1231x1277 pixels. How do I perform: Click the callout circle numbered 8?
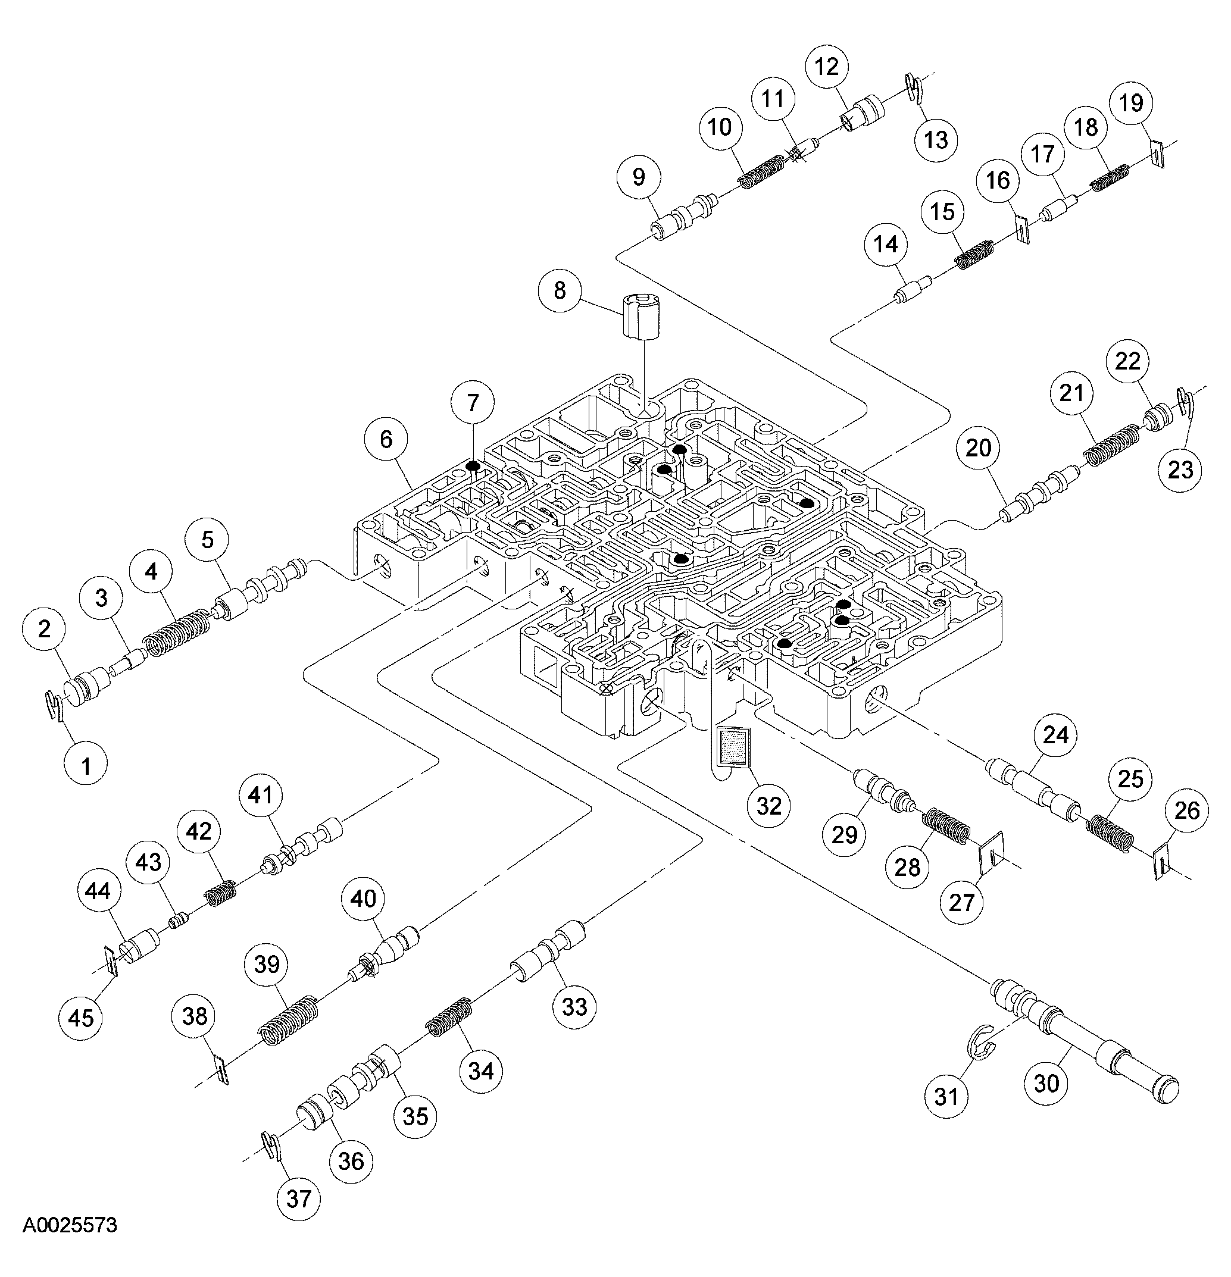(560, 290)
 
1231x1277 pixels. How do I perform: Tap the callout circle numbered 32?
(769, 806)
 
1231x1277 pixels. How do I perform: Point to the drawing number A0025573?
(70, 1243)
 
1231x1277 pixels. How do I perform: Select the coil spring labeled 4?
(177, 634)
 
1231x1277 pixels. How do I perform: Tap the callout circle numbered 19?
(1132, 103)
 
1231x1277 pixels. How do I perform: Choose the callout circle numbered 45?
(81, 1018)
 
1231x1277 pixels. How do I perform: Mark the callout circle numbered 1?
(86, 766)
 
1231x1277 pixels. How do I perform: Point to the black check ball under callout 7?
(473, 466)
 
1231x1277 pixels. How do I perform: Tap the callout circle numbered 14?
(886, 245)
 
